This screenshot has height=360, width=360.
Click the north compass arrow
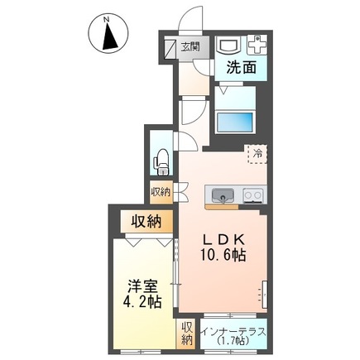110,36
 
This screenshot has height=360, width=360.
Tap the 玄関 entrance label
190,46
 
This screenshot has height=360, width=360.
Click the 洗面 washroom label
242,67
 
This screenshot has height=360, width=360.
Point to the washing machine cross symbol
257,45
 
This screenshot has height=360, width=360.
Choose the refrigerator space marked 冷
257,154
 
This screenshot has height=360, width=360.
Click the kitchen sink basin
223,195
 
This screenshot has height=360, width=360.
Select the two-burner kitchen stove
253,195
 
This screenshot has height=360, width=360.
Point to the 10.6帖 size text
223,256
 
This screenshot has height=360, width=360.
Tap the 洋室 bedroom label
142,286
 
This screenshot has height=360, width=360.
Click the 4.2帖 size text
142,301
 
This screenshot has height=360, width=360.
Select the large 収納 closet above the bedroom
147,221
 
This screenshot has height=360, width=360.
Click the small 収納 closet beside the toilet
161,192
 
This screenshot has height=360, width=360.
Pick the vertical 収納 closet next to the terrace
186,334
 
